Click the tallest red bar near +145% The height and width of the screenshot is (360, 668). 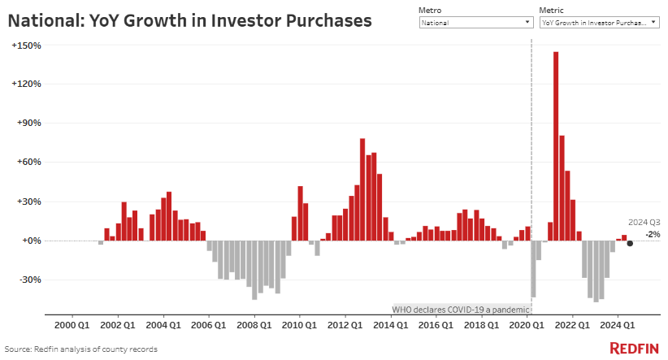(556, 146)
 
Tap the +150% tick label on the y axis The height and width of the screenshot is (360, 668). (27, 46)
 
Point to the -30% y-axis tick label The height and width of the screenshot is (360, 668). (29, 280)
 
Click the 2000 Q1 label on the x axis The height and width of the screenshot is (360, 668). (72, 325)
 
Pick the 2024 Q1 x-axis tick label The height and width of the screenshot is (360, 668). (617, 325)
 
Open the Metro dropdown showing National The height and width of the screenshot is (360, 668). (475, 23)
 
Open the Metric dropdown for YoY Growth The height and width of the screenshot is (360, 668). (599, 23)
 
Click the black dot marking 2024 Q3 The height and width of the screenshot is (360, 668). (630, 243)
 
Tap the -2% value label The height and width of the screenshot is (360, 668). (653, 234)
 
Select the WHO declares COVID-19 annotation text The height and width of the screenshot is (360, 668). (461, 310)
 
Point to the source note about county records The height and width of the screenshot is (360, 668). (81, 349)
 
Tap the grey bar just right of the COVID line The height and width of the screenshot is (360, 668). (533, 269)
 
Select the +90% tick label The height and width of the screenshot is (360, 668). (29, 124)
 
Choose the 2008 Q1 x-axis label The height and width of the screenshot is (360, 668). (254, 325)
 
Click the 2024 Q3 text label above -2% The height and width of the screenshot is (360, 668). (644, 222)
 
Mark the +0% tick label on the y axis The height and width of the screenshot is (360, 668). (31, 241)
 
